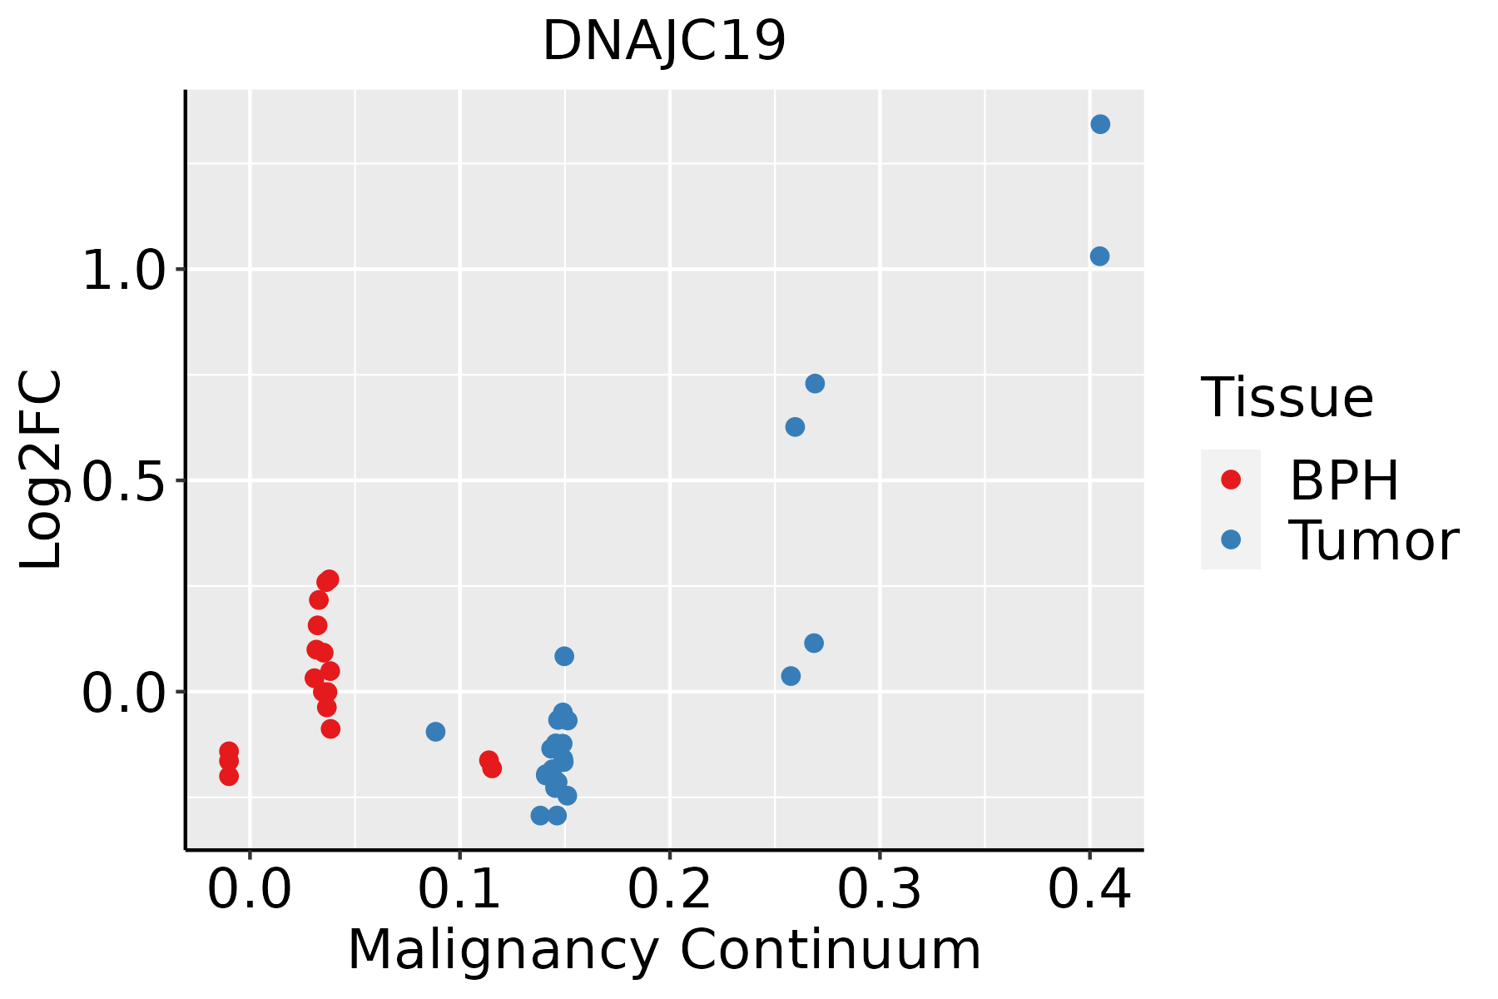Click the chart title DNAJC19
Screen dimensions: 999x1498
coord(663,42)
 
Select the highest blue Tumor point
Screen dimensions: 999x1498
coord(1100,124)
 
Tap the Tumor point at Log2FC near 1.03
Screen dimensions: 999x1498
coord(1099,256)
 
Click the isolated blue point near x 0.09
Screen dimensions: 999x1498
coord(435,732)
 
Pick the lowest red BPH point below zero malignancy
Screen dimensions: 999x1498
coord(229,777)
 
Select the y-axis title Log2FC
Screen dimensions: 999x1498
coord(42,470)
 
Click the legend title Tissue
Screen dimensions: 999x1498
coord(1287,398)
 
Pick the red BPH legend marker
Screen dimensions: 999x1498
coord(1230,480)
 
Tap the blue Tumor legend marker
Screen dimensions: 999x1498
coord(1230,539)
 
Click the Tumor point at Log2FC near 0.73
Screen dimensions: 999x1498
coord(815,384)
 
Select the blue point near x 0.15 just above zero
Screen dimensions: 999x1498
coord(564,656)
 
